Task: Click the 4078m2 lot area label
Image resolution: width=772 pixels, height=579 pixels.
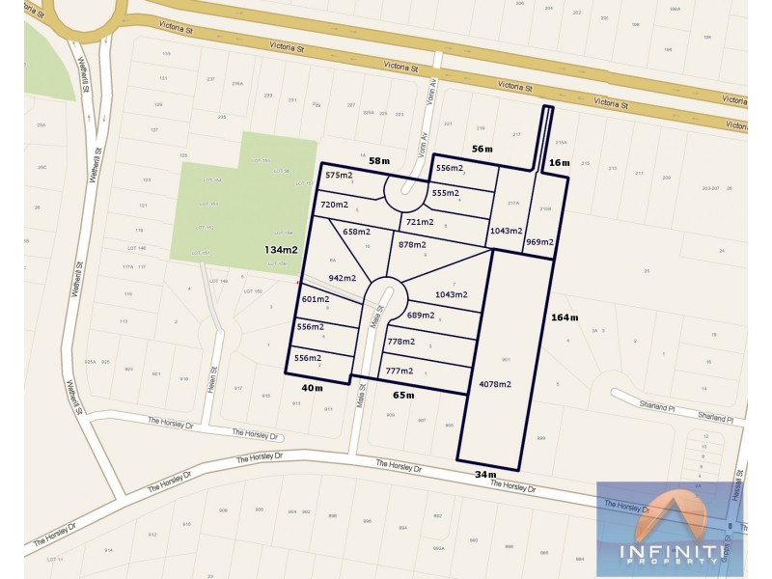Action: pyautogui.click(x=495, y=384)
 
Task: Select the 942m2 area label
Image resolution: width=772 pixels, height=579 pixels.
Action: pyautogui.click(x=344, y=278)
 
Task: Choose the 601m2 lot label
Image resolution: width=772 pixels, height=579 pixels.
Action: pyautogui.click(x=316, y=300)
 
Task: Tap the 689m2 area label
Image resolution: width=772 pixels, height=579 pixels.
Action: pyautogui.click(x=424, y=316)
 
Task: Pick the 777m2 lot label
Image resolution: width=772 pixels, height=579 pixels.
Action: pyautogui.click(x=399, y=371)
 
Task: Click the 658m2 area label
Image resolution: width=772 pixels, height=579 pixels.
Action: pyautogui.click(x=357, y=232)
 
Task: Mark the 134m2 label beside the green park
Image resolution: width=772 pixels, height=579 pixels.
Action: pyautogui.click(x=282, y=250)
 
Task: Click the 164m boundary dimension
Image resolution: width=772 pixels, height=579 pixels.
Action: pyautogui.click(x=565, y=317)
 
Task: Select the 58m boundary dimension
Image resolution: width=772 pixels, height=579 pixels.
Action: pyautogui.click(x=379, y=160)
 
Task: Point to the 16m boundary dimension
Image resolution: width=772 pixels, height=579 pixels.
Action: pyautogui.click(x=560, y=164)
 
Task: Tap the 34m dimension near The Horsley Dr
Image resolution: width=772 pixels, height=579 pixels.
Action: pyautogui.click(x=485, y=474)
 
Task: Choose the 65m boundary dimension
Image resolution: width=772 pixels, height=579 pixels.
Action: pyautogui.click(x=403, y=395)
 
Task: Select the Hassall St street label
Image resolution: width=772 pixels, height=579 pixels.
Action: pyautogui.click(x=736, y=480)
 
